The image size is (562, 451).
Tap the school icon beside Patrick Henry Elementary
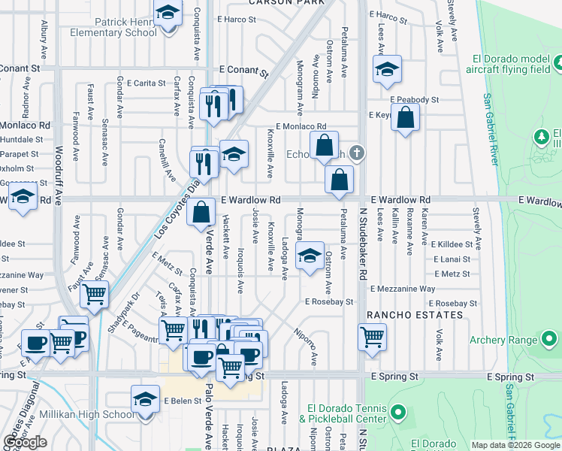coord(168,13)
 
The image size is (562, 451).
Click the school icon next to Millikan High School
coord(145,400)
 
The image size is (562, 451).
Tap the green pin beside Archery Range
coord(552,340)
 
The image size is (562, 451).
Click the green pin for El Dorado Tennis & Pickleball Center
coord(400,413)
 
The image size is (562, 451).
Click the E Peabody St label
coord(414,99)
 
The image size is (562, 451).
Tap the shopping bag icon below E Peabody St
coord(405,118)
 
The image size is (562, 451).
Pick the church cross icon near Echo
coord(358,153)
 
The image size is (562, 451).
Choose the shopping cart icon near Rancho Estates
coord(372,337)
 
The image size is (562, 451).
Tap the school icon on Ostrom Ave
coord(310,256)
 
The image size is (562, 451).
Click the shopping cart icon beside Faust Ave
coord(95,295)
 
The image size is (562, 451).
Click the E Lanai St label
coord(452,259)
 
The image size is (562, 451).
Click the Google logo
coord(25,442)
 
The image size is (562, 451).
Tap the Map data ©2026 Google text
coord(515,444)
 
